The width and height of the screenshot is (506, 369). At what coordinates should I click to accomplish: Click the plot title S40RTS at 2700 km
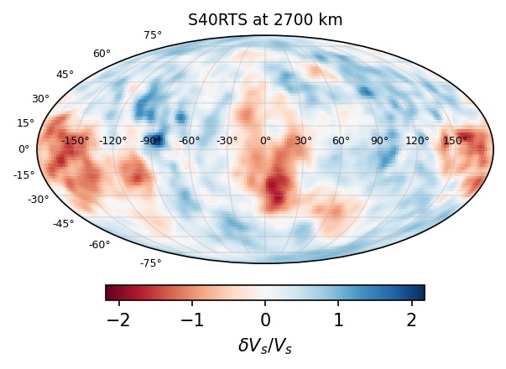tap(265, 20)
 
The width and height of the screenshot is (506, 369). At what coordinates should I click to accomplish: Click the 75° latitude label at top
tap(153, 35)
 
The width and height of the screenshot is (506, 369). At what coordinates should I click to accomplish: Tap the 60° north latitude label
tap(102, 54)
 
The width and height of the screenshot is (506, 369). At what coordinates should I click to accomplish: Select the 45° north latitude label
tap(65, 75)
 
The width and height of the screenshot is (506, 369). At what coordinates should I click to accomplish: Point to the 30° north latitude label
tap(41, 99)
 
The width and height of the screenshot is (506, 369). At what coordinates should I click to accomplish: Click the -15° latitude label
tap(24, 175)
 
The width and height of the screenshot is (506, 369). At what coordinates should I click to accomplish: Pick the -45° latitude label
tap(64, 224)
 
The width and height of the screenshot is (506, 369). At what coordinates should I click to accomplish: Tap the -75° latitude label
tap(150, 263)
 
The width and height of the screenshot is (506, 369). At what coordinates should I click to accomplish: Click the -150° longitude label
tap(75, 141)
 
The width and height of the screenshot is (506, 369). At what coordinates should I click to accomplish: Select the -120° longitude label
tap(113, 141)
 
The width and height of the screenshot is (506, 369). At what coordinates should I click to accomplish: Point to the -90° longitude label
tap(151, 141)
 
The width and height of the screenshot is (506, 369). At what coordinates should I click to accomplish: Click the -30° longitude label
tap(227, 141)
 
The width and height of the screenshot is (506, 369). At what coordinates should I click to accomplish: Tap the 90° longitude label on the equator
tap(379, 141)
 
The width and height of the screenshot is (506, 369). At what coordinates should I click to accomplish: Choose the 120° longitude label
tap(417, 141)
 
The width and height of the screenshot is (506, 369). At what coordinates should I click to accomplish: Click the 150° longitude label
tap(456, 141)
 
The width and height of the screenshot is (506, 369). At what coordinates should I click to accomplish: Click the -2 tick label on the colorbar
tap(118, 320)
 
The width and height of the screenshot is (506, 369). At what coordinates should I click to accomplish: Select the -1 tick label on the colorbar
tap(191, 320)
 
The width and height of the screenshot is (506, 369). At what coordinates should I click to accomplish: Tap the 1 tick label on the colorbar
tap(338, 320)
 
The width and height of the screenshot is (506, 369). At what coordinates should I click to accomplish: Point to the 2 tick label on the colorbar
tap(411, 320)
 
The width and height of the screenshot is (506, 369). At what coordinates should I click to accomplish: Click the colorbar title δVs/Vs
tap(265, 346)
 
